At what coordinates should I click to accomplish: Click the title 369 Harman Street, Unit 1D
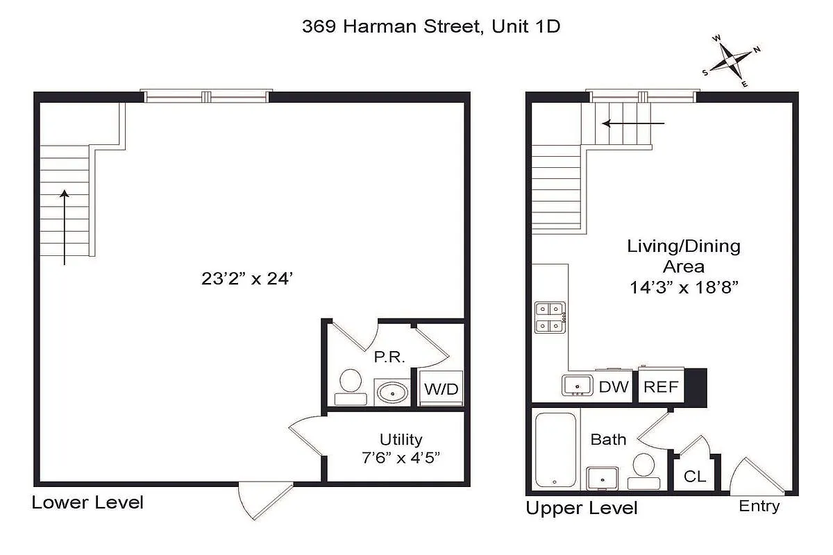coord(430,26)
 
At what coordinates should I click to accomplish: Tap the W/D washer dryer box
coord(441,389)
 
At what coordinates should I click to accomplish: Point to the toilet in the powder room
coord(350,386)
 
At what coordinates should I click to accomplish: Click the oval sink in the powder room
coord(394,393)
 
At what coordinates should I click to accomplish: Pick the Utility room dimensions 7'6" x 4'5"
coord(401,457)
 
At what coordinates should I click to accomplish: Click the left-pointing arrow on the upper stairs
coord(633,123)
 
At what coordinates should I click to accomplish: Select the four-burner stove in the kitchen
coord(550,316)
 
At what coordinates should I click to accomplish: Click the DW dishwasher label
coord(613,387)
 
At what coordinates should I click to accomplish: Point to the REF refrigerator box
coord(661,387)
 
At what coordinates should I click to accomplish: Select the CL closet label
coord(695,477)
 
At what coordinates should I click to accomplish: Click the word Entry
coord(759,506)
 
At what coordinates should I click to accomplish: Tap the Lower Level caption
coord(87,502)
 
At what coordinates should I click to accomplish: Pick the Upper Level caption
coord(581,509)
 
